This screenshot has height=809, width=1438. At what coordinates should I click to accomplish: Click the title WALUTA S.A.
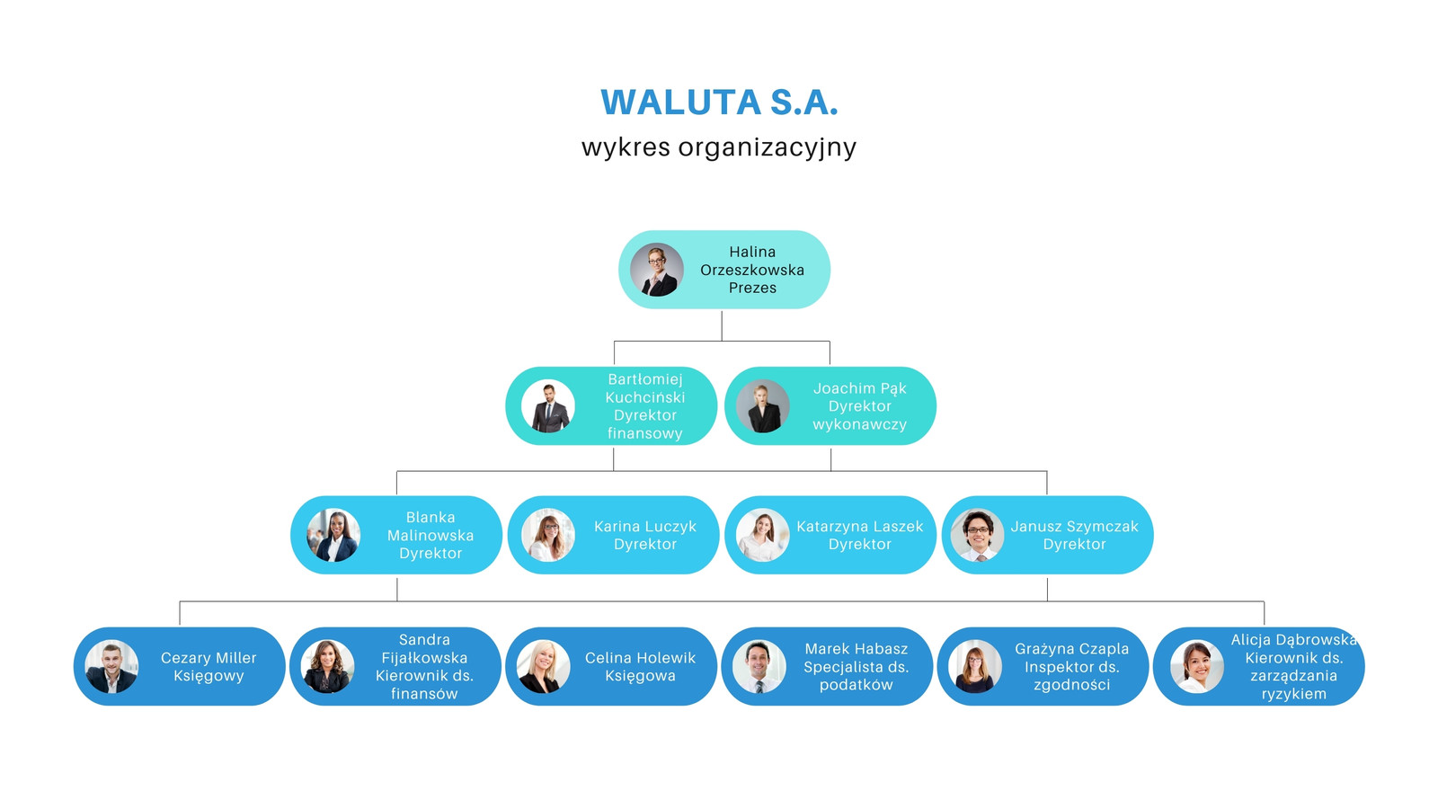click(719, 102)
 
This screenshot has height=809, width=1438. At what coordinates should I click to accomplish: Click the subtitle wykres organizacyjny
click(719, 147)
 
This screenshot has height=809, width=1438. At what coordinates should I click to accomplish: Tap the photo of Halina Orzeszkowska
click(657, 270)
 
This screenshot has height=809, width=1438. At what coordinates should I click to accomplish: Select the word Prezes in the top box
click(752, 288)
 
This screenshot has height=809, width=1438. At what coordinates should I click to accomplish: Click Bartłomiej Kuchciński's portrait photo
click(547, 405)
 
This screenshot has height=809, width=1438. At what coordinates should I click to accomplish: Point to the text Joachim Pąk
click(859, 388)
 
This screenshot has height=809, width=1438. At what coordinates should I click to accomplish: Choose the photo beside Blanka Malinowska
click(333, 536)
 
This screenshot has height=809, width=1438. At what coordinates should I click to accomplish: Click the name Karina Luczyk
click(645, 527)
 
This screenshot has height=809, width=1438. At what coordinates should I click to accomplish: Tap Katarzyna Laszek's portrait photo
click(763, 536)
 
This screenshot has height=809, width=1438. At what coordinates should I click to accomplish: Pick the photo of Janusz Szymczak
click(978, 536)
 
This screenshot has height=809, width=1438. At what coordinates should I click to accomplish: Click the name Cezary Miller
click(209, 657)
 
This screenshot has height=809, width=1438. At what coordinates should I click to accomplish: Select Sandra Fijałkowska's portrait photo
click(327, 666)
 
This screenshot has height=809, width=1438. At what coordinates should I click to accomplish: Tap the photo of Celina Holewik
click(543, 666)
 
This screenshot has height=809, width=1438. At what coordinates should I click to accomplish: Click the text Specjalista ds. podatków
click(857, 676)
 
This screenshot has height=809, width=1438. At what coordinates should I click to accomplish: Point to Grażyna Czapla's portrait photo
click(974, 666)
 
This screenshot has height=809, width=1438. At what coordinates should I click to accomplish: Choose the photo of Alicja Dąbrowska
click(1196, 666)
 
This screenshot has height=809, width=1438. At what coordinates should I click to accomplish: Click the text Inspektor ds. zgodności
click(1072, 676)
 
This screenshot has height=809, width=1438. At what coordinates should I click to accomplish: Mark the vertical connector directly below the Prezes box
click(722, 326)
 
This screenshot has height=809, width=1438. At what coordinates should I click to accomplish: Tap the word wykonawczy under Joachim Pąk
click(859, 424)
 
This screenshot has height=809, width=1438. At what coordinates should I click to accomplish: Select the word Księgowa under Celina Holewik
click(640, 676)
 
